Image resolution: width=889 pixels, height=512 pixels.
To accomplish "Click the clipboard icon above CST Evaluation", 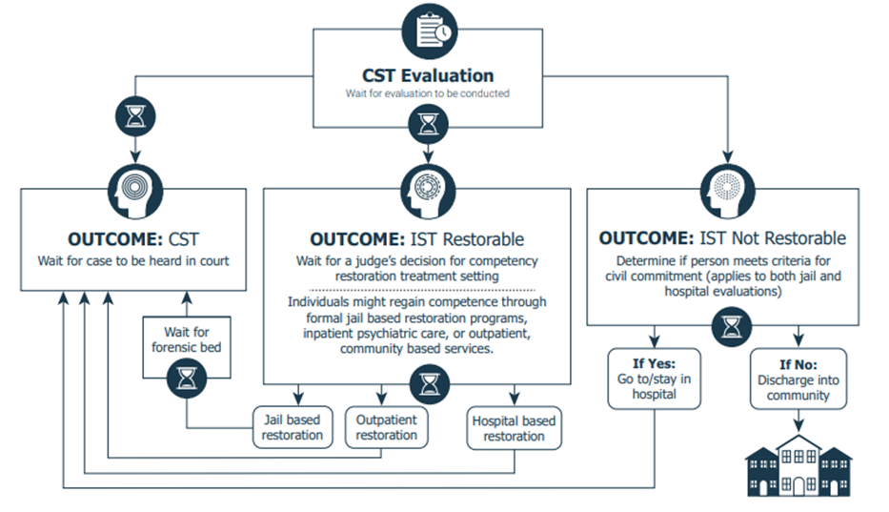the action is pos(429,31).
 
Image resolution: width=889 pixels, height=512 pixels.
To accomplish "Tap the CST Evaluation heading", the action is pos(428,75).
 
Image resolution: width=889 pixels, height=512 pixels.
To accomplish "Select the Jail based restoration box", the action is pos(293,427).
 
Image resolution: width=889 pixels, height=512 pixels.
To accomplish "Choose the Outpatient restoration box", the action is pos(386,427).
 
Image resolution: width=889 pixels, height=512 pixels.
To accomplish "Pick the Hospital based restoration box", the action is pos(514,428).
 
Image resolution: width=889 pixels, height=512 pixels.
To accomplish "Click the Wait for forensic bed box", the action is pos(187,346).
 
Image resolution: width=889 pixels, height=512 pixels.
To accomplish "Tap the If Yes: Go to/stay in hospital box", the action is pos(655,379).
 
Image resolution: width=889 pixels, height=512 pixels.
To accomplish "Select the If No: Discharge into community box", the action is pos(798,379).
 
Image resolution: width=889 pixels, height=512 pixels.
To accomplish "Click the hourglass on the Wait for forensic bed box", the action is pos(187,378).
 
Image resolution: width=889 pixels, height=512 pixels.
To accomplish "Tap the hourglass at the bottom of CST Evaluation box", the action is pos(428,124).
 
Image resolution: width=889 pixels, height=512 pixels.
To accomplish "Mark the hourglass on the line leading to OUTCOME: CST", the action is pos(135,116).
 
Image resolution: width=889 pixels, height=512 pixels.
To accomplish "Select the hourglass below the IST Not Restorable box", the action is pos(732,327).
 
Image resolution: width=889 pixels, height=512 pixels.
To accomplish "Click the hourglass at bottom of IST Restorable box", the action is pos(430,384).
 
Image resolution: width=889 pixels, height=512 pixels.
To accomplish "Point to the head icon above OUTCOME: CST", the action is pos(135,192).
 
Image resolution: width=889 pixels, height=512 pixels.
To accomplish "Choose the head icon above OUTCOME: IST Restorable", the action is pos(428,192).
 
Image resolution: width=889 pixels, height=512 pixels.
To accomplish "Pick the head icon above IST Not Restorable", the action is pos(727,192).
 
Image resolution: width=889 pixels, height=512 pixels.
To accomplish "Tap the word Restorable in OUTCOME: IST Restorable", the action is pos(483,239).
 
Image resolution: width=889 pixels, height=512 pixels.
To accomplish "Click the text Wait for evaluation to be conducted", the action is pos(428,93).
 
